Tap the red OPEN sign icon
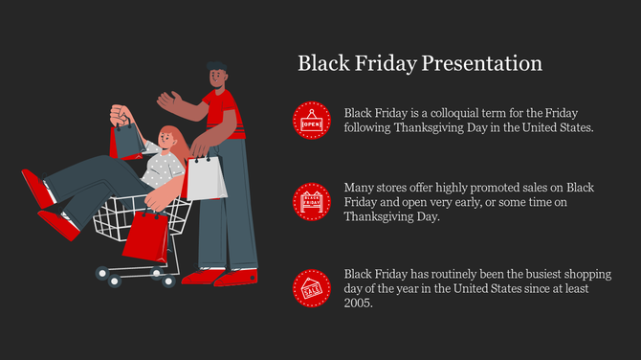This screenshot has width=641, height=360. click(312, 121)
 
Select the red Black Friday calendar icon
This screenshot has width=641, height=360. click(312, 201)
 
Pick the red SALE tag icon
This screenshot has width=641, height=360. click(312, 288)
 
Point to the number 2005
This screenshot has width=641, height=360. click(359, 304)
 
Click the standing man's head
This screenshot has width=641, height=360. click(217, 76)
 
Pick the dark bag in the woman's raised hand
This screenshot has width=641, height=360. click(127, 142)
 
